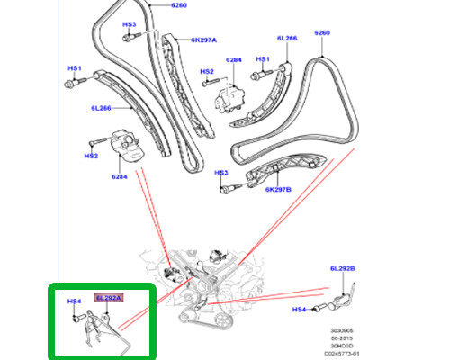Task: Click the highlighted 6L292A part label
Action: click(107, 296)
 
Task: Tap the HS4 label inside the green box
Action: click(75, 302)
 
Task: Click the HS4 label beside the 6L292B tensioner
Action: click(301, 310)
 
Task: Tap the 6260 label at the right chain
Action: click(323, 33)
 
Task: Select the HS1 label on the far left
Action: click(75, 68)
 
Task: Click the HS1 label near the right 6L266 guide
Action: click(263, 59)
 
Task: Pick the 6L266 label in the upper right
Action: click(287, 39)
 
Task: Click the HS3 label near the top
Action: click(129, 24)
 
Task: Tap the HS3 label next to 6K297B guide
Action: click(222, 173)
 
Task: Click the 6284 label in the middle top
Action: click(235, 59)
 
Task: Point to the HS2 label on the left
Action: click(91, 155)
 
